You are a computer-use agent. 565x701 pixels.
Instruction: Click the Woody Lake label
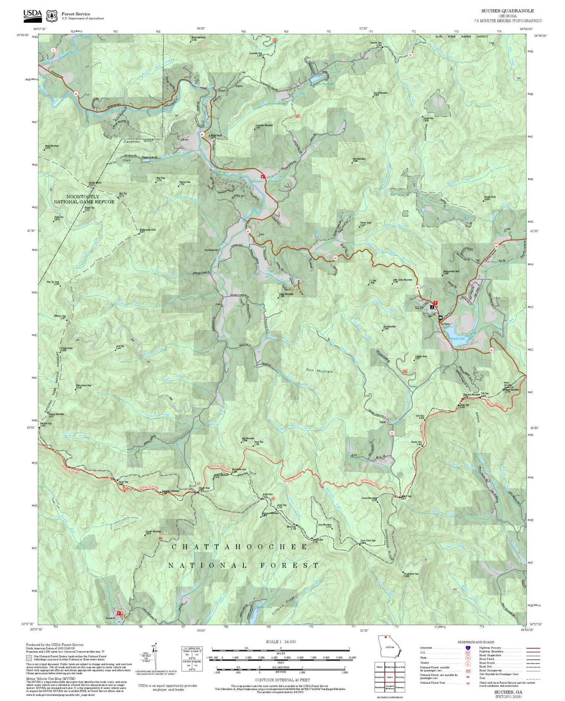457,339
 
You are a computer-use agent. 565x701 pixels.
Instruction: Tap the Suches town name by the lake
445,324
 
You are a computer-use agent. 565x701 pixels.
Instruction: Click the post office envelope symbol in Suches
440,318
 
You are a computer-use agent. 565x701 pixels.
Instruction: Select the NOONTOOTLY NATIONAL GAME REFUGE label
84,199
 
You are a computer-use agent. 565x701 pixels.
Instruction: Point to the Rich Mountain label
320,371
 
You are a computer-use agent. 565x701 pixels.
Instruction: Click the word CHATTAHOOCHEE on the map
240,547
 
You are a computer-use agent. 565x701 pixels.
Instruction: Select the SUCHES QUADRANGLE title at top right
507,11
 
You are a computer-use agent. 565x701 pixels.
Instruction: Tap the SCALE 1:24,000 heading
281,642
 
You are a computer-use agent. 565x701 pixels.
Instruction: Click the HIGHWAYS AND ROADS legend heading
476,642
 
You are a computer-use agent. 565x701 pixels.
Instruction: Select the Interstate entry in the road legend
426,648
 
